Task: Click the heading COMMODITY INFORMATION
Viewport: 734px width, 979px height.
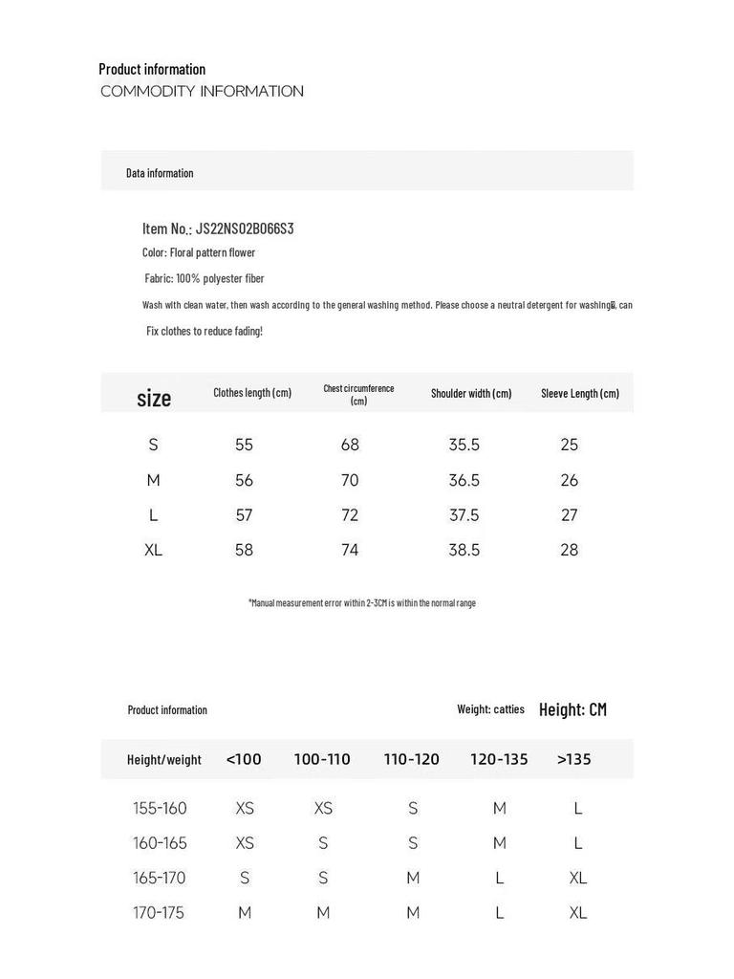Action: [202, 92]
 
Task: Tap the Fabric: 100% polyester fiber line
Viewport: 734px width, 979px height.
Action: [205, 278]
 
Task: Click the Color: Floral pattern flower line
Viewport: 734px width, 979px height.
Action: [199, 252]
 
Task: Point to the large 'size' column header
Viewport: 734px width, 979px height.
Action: [154, 398]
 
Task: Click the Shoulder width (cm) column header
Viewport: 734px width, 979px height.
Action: [471, 393]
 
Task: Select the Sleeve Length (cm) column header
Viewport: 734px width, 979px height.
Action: [579, 393]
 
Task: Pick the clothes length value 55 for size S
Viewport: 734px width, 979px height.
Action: [244, 445]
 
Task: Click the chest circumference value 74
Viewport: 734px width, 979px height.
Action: [350, 550]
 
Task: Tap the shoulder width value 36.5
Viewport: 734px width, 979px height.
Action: [464, 480]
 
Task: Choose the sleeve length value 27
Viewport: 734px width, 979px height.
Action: [570, 515]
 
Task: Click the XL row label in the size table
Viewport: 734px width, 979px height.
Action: [153, 550]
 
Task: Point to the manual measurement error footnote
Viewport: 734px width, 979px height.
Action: [362, 603]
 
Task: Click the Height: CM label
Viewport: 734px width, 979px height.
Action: [572, 709]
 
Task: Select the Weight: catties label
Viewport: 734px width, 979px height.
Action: [490, 709]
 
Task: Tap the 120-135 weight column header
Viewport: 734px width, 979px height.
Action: [499, 759]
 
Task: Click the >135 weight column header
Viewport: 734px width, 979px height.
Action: [573, 759]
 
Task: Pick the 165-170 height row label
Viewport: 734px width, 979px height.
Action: [160, 878]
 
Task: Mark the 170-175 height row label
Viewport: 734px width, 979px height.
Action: [159, 912]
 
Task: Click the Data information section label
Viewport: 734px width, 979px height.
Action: [160, 173]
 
